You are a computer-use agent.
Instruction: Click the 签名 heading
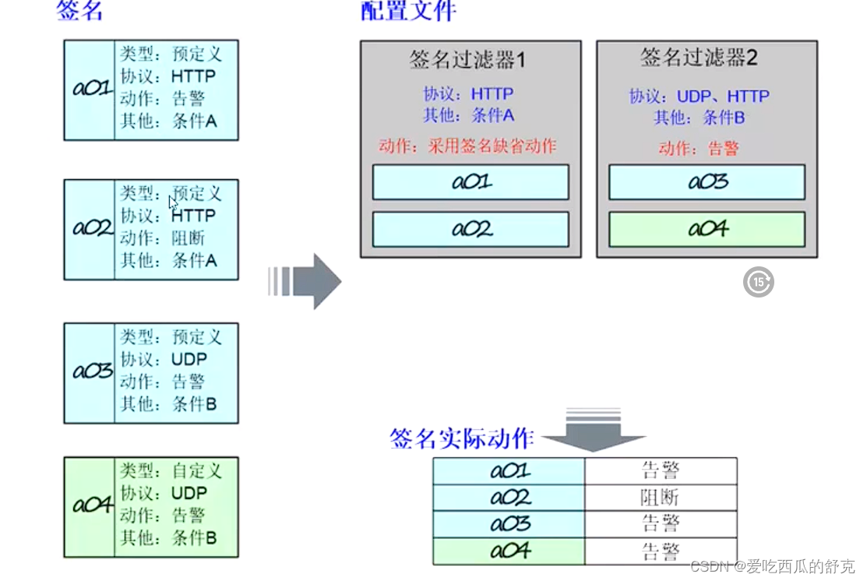(80, 11)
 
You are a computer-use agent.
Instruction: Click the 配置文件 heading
(408, 11)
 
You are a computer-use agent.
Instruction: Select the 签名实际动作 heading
(461, 438)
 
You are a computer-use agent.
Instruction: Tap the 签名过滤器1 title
(468, 59)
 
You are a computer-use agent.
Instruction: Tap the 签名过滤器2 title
(699, 57)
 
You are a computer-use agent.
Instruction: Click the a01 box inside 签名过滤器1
(471, 182)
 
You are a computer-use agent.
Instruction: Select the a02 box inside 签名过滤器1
(471, 230)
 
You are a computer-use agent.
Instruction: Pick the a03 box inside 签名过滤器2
(707, 182)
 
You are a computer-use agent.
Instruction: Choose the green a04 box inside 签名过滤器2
(707, 229)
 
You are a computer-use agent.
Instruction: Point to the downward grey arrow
(594, 432)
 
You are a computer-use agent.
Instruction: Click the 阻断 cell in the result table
(660, 497)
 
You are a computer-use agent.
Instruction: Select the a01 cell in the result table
(509, 470)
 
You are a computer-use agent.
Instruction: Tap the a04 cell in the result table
(509, 551)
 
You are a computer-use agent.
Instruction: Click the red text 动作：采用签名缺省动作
(467, 146)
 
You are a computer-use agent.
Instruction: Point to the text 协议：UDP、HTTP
(699, 97)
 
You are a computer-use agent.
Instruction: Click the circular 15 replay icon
(758, 282)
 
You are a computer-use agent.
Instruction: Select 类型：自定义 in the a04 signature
(171, 470)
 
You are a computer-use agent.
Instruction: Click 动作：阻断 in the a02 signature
(162, 238)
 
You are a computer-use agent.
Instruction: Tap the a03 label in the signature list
(92, 371)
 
